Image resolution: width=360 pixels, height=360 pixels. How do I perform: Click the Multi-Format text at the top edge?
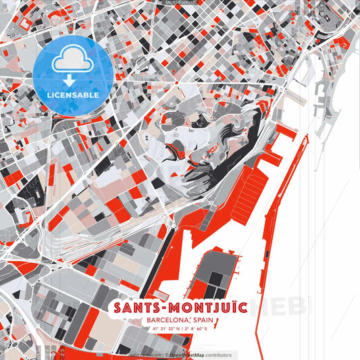coord(179,3)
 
